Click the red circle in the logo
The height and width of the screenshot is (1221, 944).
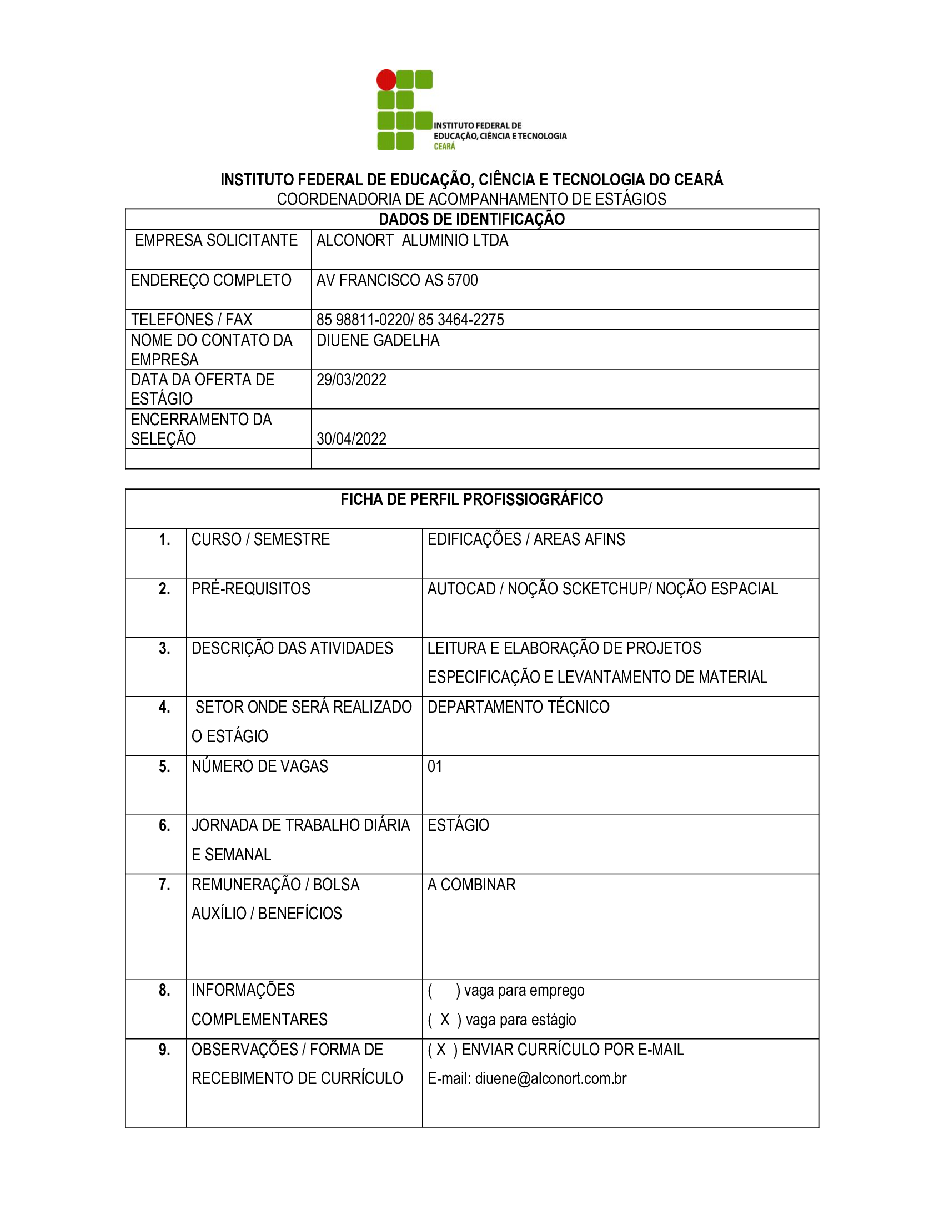(x=386, y=80)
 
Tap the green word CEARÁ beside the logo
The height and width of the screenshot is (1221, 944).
(x=444, y=147)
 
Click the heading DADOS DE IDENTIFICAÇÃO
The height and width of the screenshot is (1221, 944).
(x=471, y=219)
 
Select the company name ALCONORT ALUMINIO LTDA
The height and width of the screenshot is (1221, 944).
(x=412, y=240)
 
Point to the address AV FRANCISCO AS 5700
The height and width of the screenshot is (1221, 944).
(x=397, y=280)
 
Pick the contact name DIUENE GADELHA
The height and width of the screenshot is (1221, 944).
(x=378, y=340)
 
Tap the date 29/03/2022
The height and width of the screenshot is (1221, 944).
(x=351, y=380)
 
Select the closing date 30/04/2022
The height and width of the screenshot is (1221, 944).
(x=351, y=439)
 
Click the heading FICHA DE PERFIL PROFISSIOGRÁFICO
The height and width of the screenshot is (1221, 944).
(x=471, y=500)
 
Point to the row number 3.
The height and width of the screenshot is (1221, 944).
(x=164, y=648)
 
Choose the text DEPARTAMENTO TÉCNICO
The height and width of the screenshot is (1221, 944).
(x=519, y=707)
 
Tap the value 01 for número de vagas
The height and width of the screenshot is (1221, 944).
(x=435, y=766)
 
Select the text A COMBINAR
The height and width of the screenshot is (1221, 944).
(x=471, y=885)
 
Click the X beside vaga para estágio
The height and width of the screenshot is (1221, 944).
(x=445, y=1020)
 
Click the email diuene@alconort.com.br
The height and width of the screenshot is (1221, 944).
(x=550, y=1078)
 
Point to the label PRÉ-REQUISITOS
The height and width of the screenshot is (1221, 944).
(x=250, y=589)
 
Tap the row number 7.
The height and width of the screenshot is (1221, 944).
(x=164, y=885)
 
